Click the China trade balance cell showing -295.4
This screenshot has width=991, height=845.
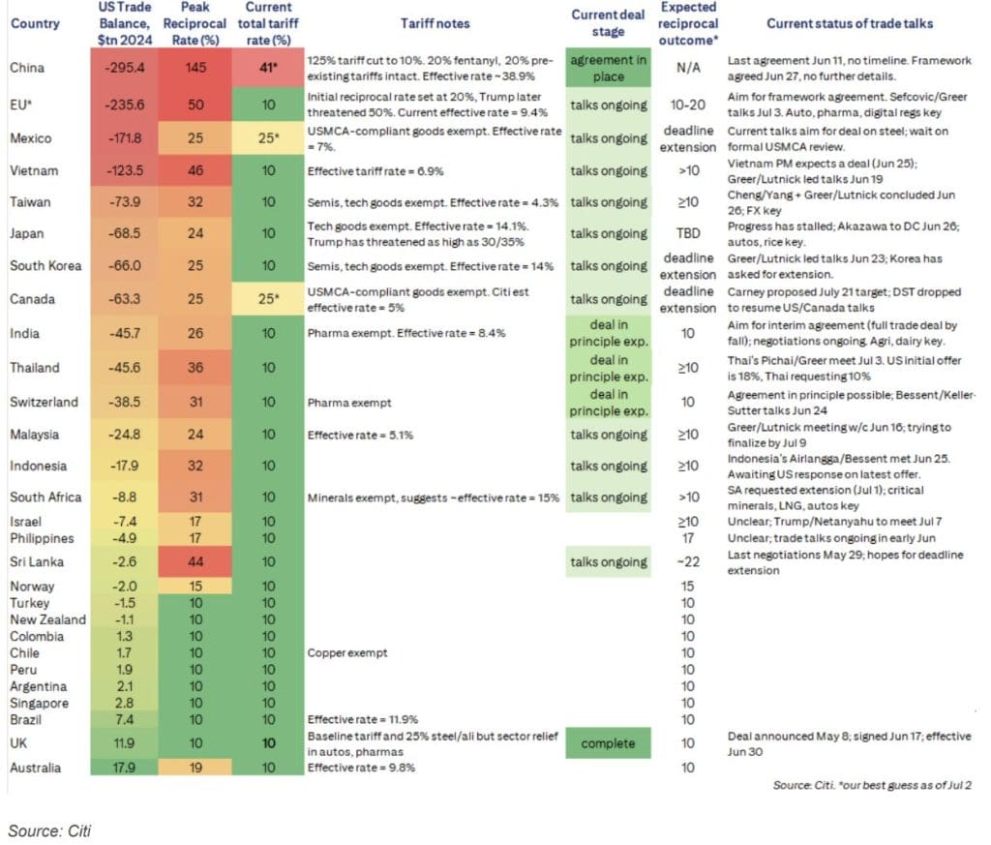point(125,68)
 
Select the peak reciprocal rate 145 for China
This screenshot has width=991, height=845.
point(195,68)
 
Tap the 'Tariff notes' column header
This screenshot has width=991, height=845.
point(435,24)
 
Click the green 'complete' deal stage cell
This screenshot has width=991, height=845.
point(608,744)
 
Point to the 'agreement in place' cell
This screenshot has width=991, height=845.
point(608,68)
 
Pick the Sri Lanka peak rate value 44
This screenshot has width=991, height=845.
point(195,561)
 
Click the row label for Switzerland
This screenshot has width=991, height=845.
point(44,402)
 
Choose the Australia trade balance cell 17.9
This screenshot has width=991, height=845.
point(125,768)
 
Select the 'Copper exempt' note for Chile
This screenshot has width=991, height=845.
point(347,653)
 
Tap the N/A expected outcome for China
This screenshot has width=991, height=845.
point(688,68)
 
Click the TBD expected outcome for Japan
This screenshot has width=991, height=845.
point(688,233)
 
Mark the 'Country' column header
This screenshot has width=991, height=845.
point(35,24)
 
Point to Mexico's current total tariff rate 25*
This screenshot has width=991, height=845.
point(269,137)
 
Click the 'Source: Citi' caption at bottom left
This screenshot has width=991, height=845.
point(49,830)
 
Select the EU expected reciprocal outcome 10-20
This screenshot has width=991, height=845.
point(688,105)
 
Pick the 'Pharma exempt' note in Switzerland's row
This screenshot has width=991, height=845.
point(348,403)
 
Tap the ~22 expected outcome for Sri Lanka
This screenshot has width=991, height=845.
point(688,561)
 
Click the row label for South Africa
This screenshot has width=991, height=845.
point(45,498)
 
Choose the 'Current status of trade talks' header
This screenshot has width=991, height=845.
point(850,24)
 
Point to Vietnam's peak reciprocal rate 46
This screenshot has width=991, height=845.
point(195,170)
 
